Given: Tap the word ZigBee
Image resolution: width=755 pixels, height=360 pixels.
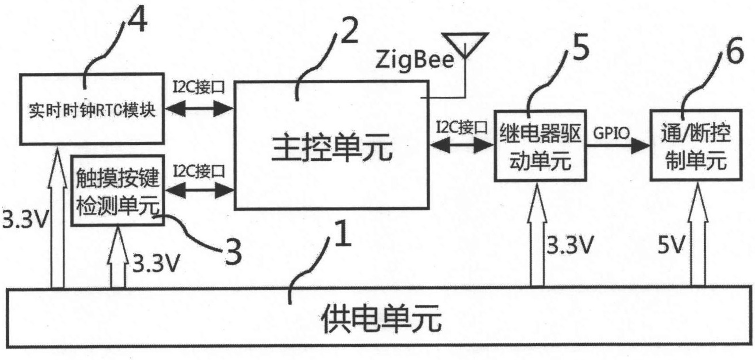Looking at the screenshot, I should tap(414, 60).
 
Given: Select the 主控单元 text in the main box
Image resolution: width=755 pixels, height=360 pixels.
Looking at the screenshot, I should tap(331, 148).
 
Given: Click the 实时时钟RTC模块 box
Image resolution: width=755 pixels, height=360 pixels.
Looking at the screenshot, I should tap(91, 110).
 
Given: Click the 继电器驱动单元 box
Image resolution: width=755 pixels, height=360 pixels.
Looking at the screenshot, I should tap(540, 146).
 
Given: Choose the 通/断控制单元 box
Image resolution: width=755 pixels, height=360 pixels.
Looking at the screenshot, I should tap(695, 146).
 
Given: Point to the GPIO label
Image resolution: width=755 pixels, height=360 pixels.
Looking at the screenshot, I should tap(611, 133).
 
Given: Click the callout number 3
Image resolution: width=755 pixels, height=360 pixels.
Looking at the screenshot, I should tap(233, 252).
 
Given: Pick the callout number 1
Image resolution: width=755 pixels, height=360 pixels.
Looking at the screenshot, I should tap(343, 235).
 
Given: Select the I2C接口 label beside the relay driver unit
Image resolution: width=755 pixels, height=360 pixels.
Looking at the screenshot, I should tap(462, 128).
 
